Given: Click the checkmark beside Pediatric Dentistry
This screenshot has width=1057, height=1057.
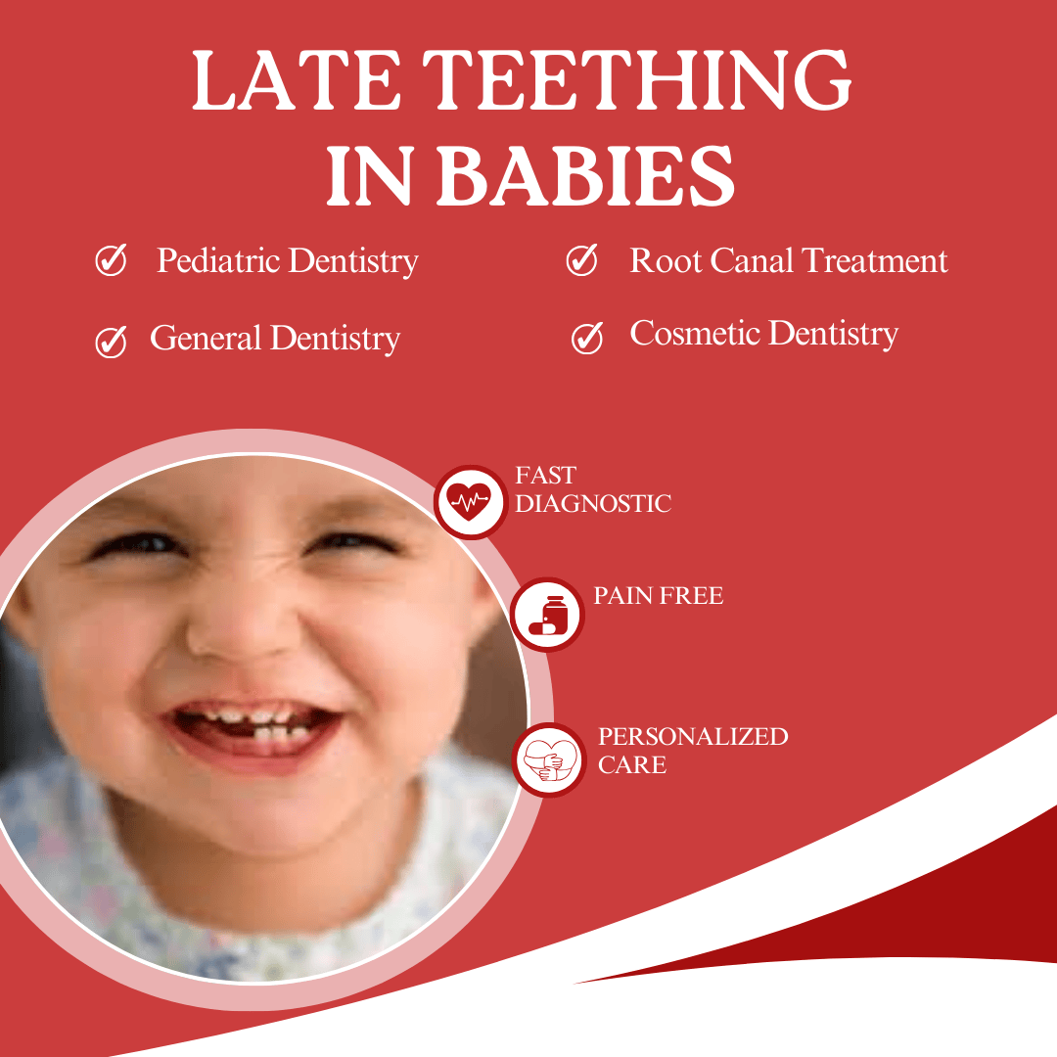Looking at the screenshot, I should (x=111, y=261).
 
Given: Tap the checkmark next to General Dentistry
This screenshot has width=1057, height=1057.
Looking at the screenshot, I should (x=111, y=342).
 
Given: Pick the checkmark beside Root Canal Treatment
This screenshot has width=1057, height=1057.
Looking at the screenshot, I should (x=582, y=260).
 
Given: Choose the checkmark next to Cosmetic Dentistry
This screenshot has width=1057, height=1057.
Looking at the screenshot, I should (x=586, y=337).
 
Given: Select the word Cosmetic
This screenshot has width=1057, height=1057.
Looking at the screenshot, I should (x=694, y=334).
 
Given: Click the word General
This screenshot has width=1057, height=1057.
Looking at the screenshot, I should (x=206, y=339).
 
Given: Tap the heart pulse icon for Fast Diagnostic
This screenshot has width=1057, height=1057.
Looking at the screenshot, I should (x=469, y=501).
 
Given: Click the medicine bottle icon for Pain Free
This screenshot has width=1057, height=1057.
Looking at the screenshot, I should (x=547, y=615).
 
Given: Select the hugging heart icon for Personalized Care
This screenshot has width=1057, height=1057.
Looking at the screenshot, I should (x=548, y=759).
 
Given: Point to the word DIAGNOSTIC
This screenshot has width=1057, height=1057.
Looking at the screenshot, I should (x=592, y=505).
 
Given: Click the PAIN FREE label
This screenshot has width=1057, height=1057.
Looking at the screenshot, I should (x=658, y=596).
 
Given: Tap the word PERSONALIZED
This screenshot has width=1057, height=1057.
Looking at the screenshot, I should (x=693, y=737).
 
